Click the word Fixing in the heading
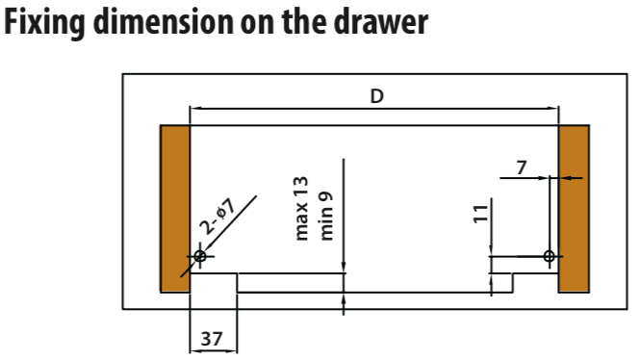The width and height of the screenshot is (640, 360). pyautogui.click(x=44, y=23)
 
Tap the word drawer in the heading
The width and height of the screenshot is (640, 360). pyautogui.click(x=381, y=21)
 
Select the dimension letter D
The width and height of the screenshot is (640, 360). pyautogui.click(x=376, y=96)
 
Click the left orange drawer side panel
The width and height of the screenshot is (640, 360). pyautogui.click(x=175, y=209)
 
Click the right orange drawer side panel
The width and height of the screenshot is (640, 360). pyautogui.click(x=574, y=209)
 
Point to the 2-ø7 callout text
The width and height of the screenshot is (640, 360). pyautogui.click(x=218, y=217)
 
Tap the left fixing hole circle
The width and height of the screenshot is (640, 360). pyautogui.click(x=200, y=256)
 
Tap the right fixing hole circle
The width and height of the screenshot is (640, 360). pyautogui.click(x=550, y=256)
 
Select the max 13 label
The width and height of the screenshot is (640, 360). pyautogui.click(x=301, y=209)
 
